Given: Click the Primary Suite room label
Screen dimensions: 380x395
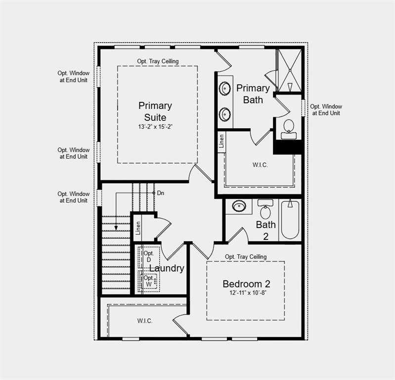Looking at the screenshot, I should tap(155, 111).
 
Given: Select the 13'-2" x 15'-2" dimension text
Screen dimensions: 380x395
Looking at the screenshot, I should tap(155, 127).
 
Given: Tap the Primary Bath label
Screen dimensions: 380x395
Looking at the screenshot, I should tap(253, 94).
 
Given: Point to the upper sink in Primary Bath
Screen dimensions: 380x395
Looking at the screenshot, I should tap(225, 89).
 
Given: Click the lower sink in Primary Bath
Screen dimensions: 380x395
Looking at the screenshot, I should tap(225, 114).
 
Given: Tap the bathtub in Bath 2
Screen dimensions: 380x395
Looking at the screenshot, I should tap(290, 220).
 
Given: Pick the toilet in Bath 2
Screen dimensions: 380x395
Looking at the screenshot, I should tap(265, 210).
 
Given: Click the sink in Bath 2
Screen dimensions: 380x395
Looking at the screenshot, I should tap(239, 206).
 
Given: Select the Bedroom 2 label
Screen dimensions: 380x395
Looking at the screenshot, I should tap(246, 284).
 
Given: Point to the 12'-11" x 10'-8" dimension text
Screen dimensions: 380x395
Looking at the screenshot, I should tap(246, 293).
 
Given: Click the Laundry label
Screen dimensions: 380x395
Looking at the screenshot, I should tap(167, 268).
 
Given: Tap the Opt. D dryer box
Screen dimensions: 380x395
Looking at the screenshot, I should tap(149, 256).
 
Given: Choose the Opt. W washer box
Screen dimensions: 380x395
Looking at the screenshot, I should tap(149, 281).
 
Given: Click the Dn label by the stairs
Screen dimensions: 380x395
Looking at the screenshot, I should tap(161, 193).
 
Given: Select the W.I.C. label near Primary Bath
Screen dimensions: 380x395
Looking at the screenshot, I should tap(260, 165).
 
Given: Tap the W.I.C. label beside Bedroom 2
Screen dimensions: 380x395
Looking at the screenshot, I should tap(145, 321).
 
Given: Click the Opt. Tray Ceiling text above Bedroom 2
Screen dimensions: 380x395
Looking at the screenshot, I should tap(246, 257).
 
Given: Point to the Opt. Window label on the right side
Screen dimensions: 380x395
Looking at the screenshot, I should tap(326, 110).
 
